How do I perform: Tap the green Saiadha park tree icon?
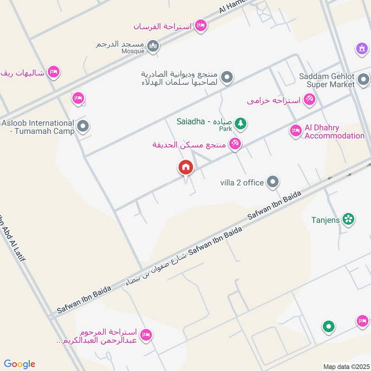click(x=240, y=123)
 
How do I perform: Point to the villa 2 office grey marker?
click(x=273, y=182)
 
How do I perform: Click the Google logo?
click(x=19, y=364)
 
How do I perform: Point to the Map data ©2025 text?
click(x=345, y=367)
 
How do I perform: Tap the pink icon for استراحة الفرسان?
click(x=201, y=26)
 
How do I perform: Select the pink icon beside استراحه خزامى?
click(x=310, y=99)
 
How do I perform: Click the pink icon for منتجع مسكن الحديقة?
click(x=235, y=144)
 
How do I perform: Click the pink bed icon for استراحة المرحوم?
click(x=146, y=335)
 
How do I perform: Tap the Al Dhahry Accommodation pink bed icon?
click(x=295, y=131)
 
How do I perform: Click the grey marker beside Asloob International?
click(x=83, y=126)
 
